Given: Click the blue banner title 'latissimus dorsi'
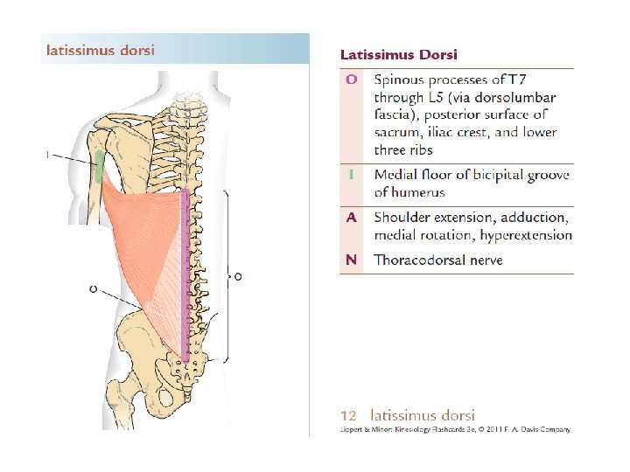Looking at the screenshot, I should tap(100, 50).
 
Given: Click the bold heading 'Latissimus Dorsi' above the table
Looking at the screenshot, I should tap(398, 55).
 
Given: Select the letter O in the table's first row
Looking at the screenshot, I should tap(351, 80).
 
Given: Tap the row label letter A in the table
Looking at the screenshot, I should tap(351, 217).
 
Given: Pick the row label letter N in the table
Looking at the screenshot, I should tap(351, 260).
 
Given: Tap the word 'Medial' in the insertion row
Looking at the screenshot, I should tap(396, 175).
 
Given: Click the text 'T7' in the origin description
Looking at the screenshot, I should tap(540, 80).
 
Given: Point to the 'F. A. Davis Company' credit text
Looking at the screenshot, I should tap(534, 429).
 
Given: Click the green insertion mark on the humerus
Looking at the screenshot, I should tap(99, 163).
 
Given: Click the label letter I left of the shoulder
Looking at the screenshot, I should tap(46, 155).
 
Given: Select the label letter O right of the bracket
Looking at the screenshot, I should tap(238, 276).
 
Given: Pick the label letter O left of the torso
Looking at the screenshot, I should tap(93, 288).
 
